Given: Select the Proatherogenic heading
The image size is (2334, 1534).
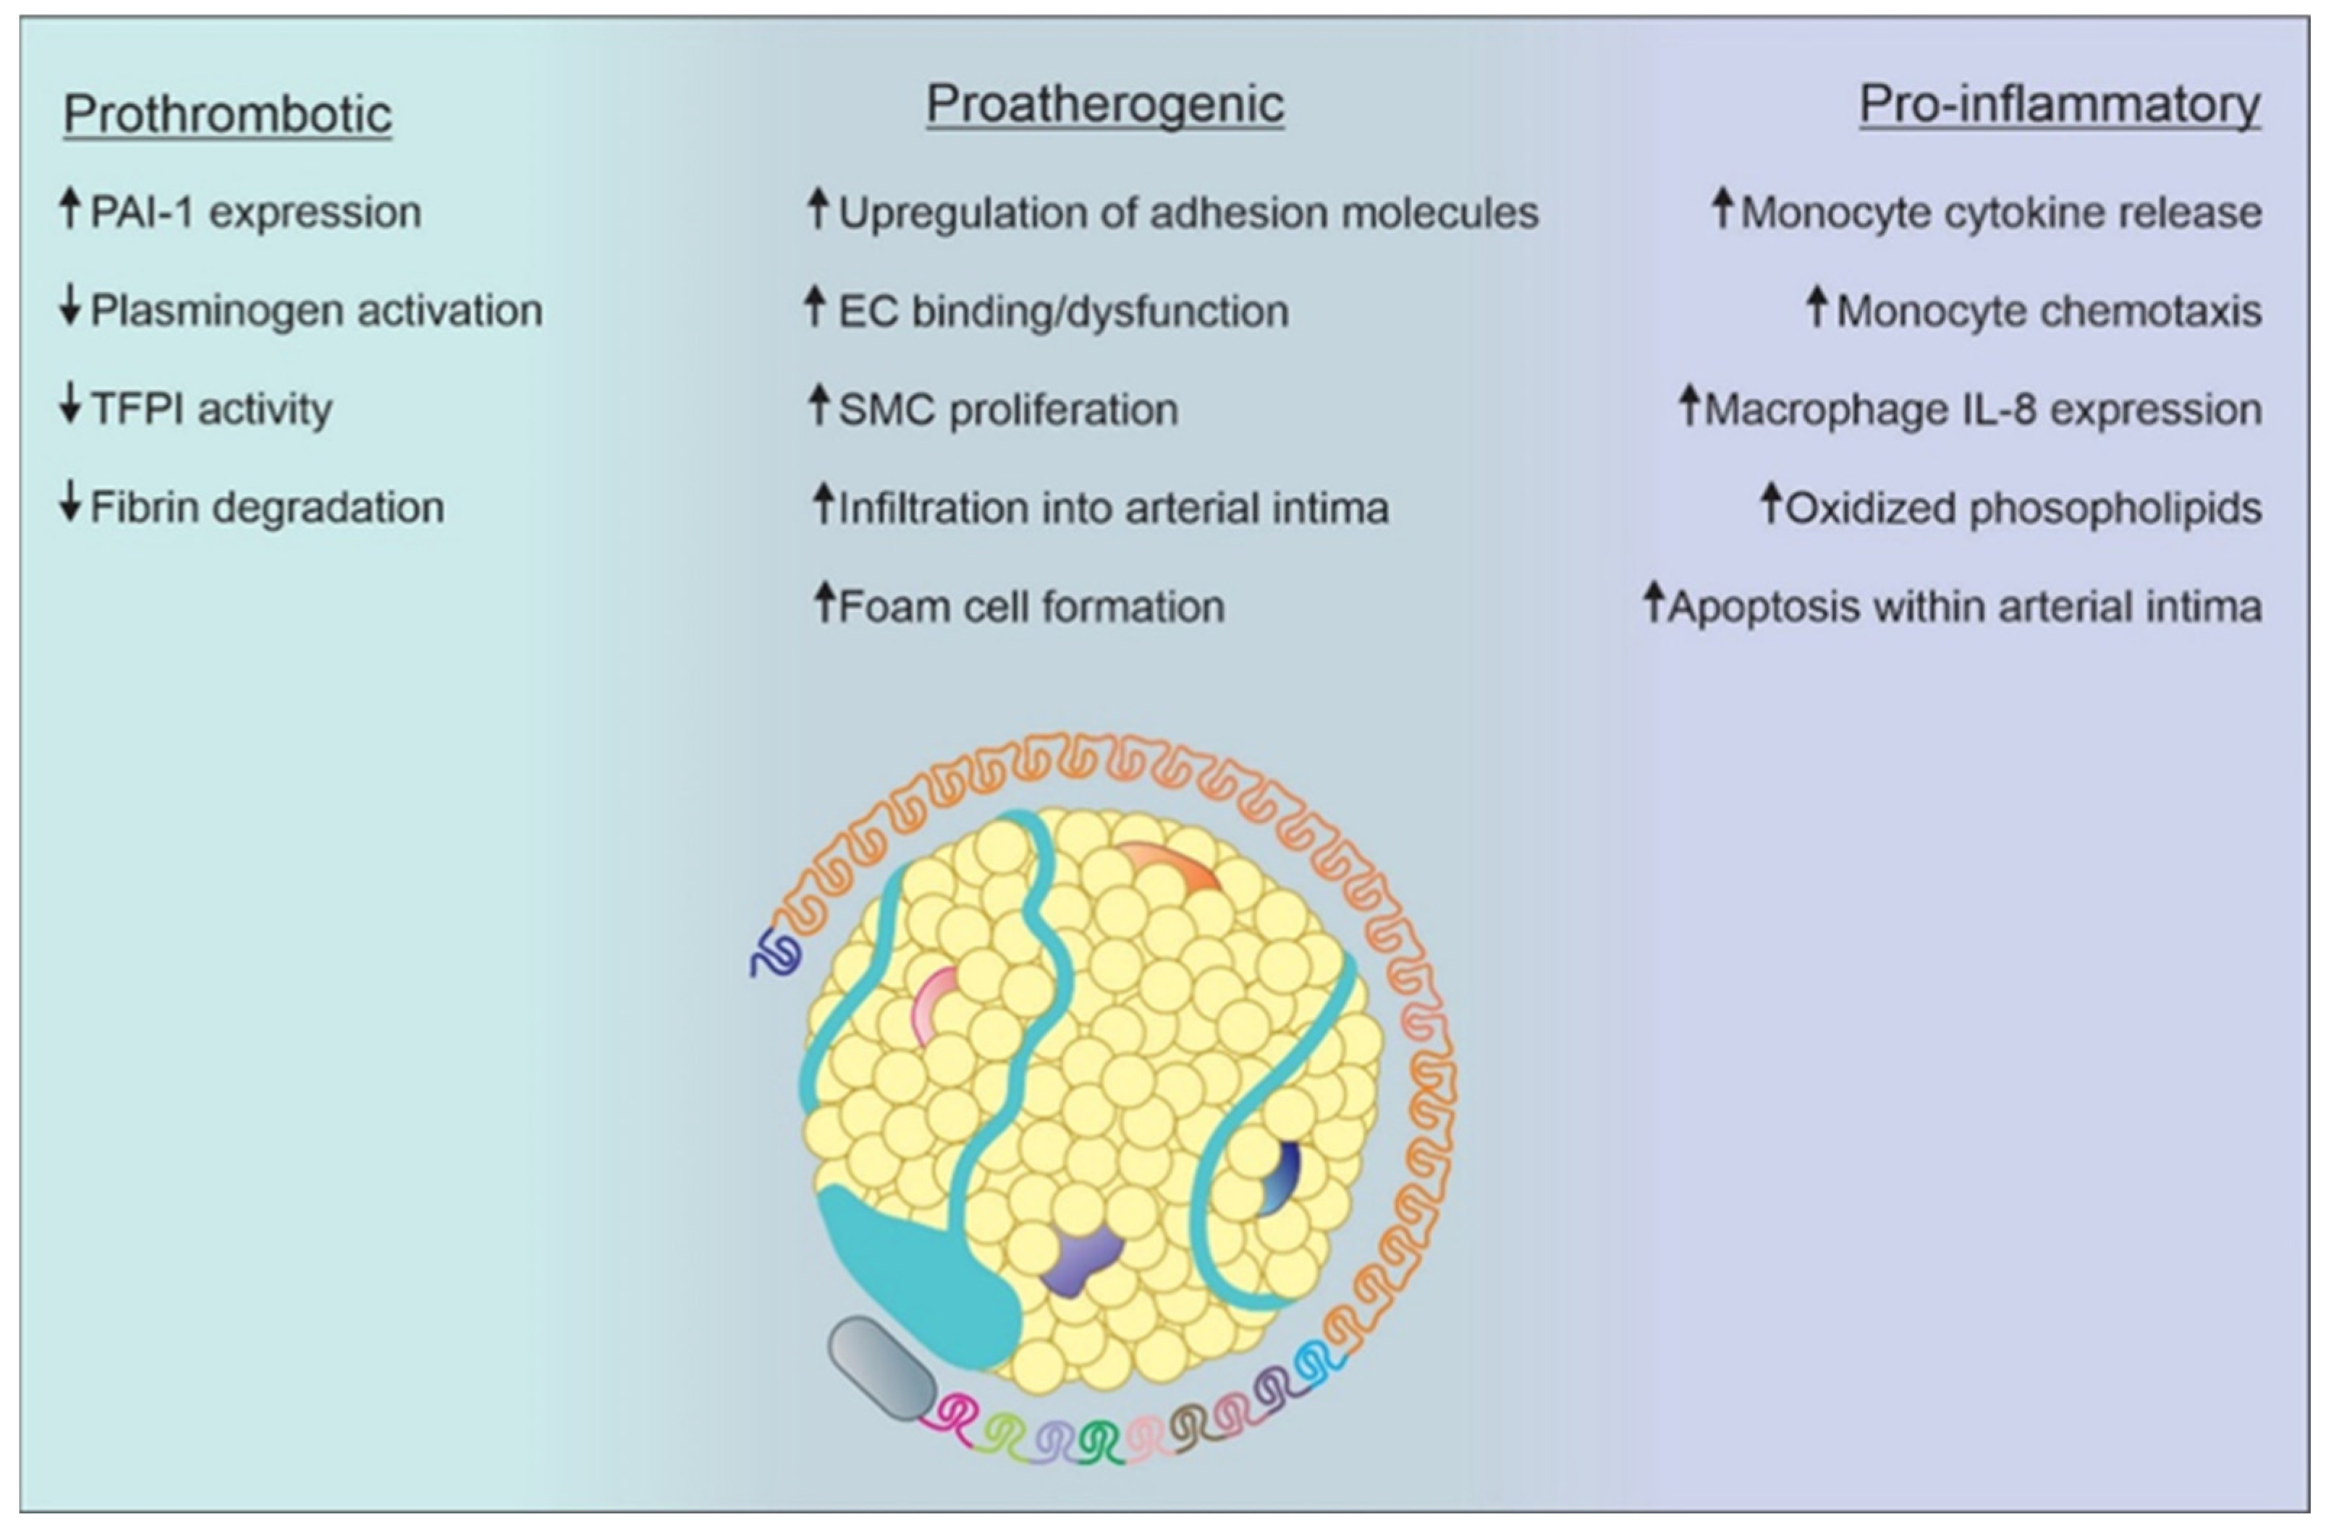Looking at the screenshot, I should [x=1105, y=104].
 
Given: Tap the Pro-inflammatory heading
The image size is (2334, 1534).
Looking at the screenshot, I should [x=2060, y=104].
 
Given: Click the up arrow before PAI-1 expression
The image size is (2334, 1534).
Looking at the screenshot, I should [x=69, y=209].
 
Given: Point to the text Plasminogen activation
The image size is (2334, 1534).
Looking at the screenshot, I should [x=316, y=311].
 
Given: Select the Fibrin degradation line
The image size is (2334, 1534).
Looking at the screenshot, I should [x=267, y=508].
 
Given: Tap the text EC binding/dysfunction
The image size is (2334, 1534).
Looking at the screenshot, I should [x=1063, y=312].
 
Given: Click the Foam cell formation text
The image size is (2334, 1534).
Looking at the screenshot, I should [x=1032, y=607].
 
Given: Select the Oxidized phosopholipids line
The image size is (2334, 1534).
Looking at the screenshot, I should [x=2022, y=508].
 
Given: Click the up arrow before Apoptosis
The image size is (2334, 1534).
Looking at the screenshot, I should [x=1654, y=602].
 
